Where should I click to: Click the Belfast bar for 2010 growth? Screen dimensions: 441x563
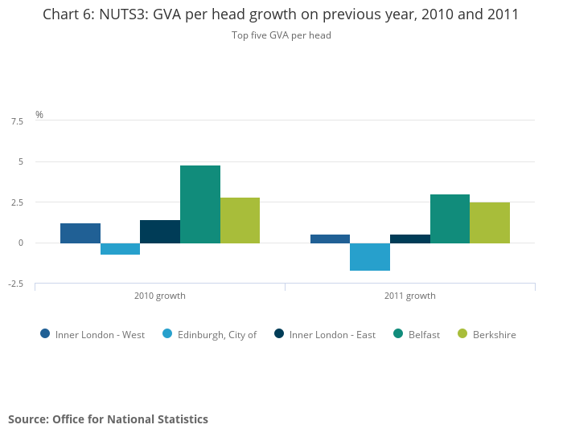[200, 204]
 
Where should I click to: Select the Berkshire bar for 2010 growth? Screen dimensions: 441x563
[240, 220]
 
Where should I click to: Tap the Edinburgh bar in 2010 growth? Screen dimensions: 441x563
[121, 249]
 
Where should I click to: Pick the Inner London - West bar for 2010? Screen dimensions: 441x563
[80, 233]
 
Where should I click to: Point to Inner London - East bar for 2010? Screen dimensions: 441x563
[160, 231]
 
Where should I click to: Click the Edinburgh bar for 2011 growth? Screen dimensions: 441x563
[370, 257]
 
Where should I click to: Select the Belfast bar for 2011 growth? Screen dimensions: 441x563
[450, 218]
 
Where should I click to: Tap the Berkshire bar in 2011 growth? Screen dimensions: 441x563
[490, 223]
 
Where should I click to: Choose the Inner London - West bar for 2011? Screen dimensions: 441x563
[330, 239]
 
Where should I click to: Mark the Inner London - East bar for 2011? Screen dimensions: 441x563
[410, 239]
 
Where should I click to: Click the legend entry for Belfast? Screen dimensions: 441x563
[417, 335]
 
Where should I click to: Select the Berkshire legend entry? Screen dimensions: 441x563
[487, 335]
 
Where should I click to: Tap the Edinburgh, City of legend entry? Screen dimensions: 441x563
[210, 335]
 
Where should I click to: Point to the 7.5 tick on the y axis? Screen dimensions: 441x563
[17, 121]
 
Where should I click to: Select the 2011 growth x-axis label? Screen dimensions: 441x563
[410, 296]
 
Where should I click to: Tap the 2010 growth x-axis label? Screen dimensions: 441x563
[160, 296]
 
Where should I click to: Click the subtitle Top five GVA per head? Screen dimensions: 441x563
[281, 35]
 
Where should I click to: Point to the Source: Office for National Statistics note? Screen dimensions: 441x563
[109, 419]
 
